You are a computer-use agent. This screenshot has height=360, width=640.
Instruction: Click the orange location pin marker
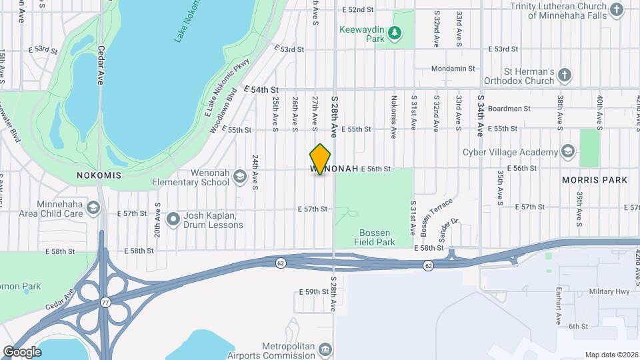click(x=321, y=159)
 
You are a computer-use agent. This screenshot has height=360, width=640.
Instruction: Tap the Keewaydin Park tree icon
click(x=395, y=31)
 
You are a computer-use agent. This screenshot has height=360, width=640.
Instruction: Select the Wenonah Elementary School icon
click(x=239, y=177)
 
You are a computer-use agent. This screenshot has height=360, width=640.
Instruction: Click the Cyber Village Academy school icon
click(x=567, y=151)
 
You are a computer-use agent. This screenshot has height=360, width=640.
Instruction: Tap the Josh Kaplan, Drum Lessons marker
click(x=173, y=218)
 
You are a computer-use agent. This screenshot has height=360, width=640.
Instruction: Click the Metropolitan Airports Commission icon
click(x=325, y=349)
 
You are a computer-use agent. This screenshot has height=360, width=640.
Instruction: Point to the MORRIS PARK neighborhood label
click(x=595, y=180)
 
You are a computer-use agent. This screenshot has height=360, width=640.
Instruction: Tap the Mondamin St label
click(x=453, y=69)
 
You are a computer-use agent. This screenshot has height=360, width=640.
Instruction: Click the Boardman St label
click(x=509, y=108)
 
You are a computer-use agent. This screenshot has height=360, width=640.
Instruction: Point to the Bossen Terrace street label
click(x=436, y=216)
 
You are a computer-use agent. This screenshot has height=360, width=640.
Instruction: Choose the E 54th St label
click(x=261, y=89)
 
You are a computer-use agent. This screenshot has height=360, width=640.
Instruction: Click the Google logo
click(x=22, y=351)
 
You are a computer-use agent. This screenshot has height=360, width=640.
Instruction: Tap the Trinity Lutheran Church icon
click(x=633, y=9)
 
